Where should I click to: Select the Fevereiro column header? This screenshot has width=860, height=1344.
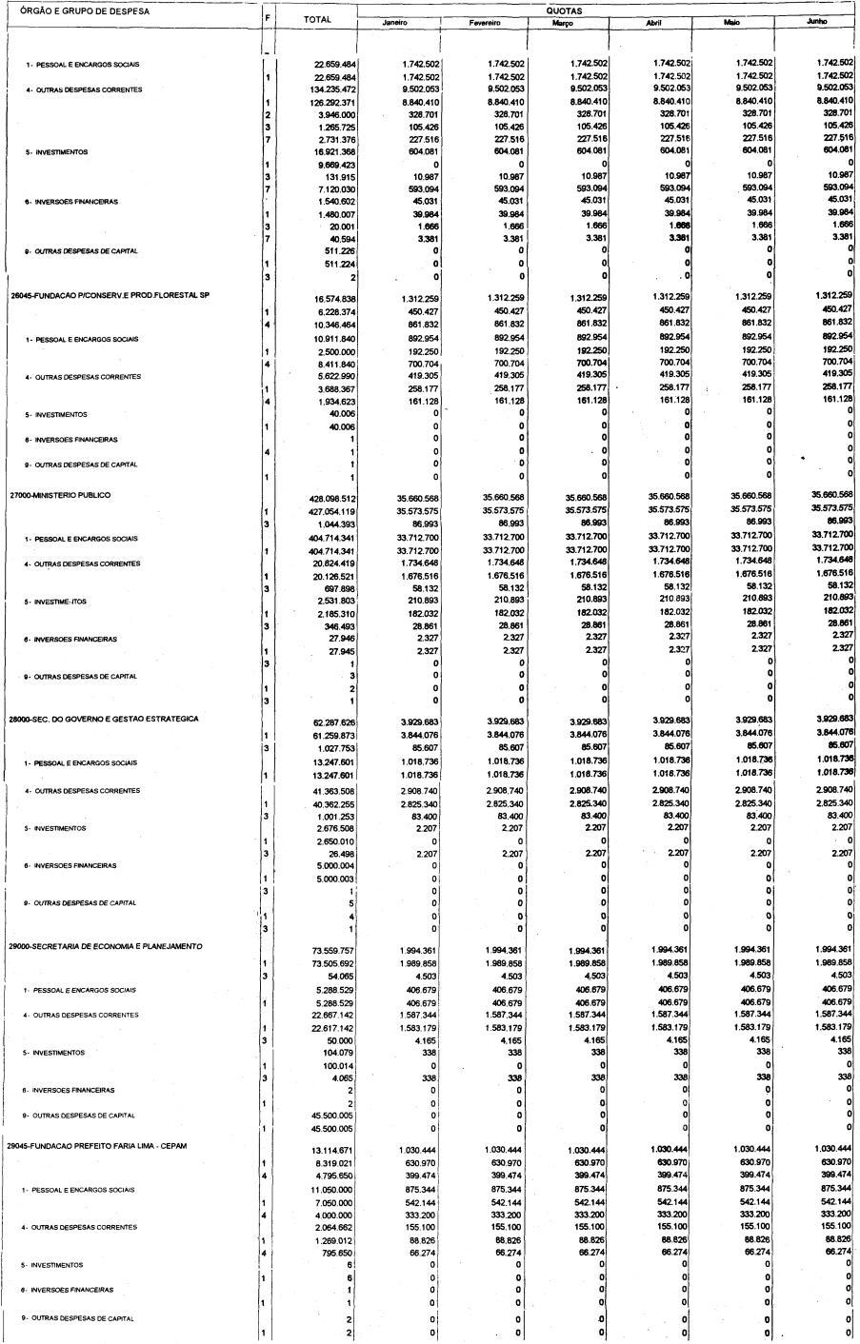coord(485,22)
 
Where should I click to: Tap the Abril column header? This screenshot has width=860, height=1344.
coord(652,22)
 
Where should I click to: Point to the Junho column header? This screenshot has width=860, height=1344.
coord(815,21)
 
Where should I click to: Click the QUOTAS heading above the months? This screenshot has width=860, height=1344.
coord(565,10)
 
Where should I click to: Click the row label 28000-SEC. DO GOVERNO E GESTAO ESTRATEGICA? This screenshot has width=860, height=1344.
coord(104,719)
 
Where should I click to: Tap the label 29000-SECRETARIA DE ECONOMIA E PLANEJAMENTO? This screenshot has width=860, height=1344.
coord(106,946)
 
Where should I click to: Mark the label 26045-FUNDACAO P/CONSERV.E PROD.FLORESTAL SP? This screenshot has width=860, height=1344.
coord(110,295)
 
